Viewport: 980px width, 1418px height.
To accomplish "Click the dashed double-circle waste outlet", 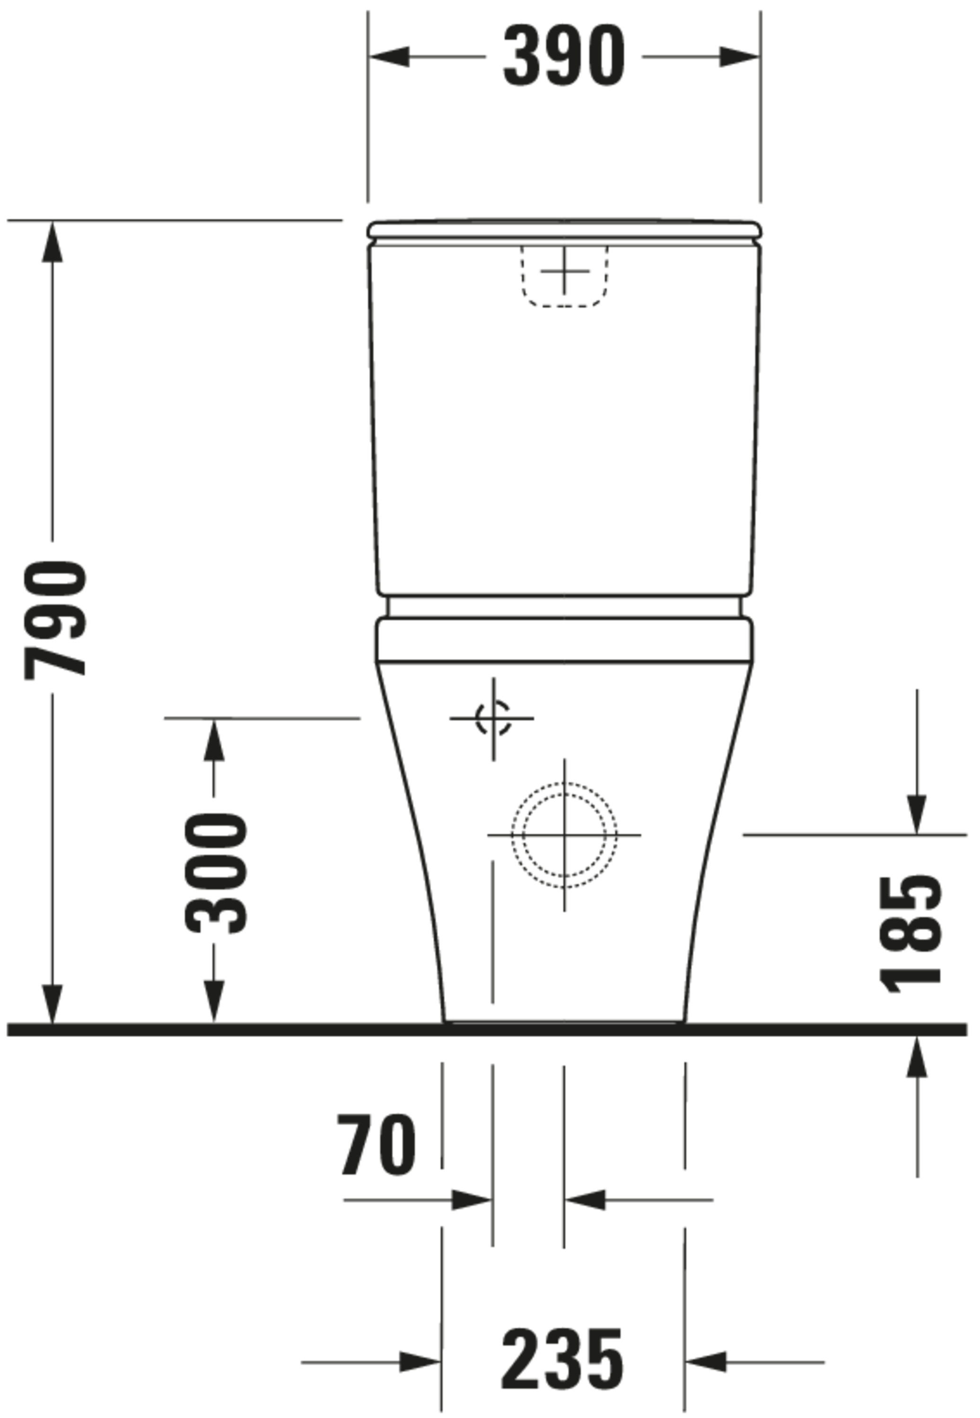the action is click(564, 836).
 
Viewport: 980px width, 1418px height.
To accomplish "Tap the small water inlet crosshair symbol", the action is click(493, 718).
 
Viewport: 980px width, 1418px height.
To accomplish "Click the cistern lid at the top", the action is click(564, 229).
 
